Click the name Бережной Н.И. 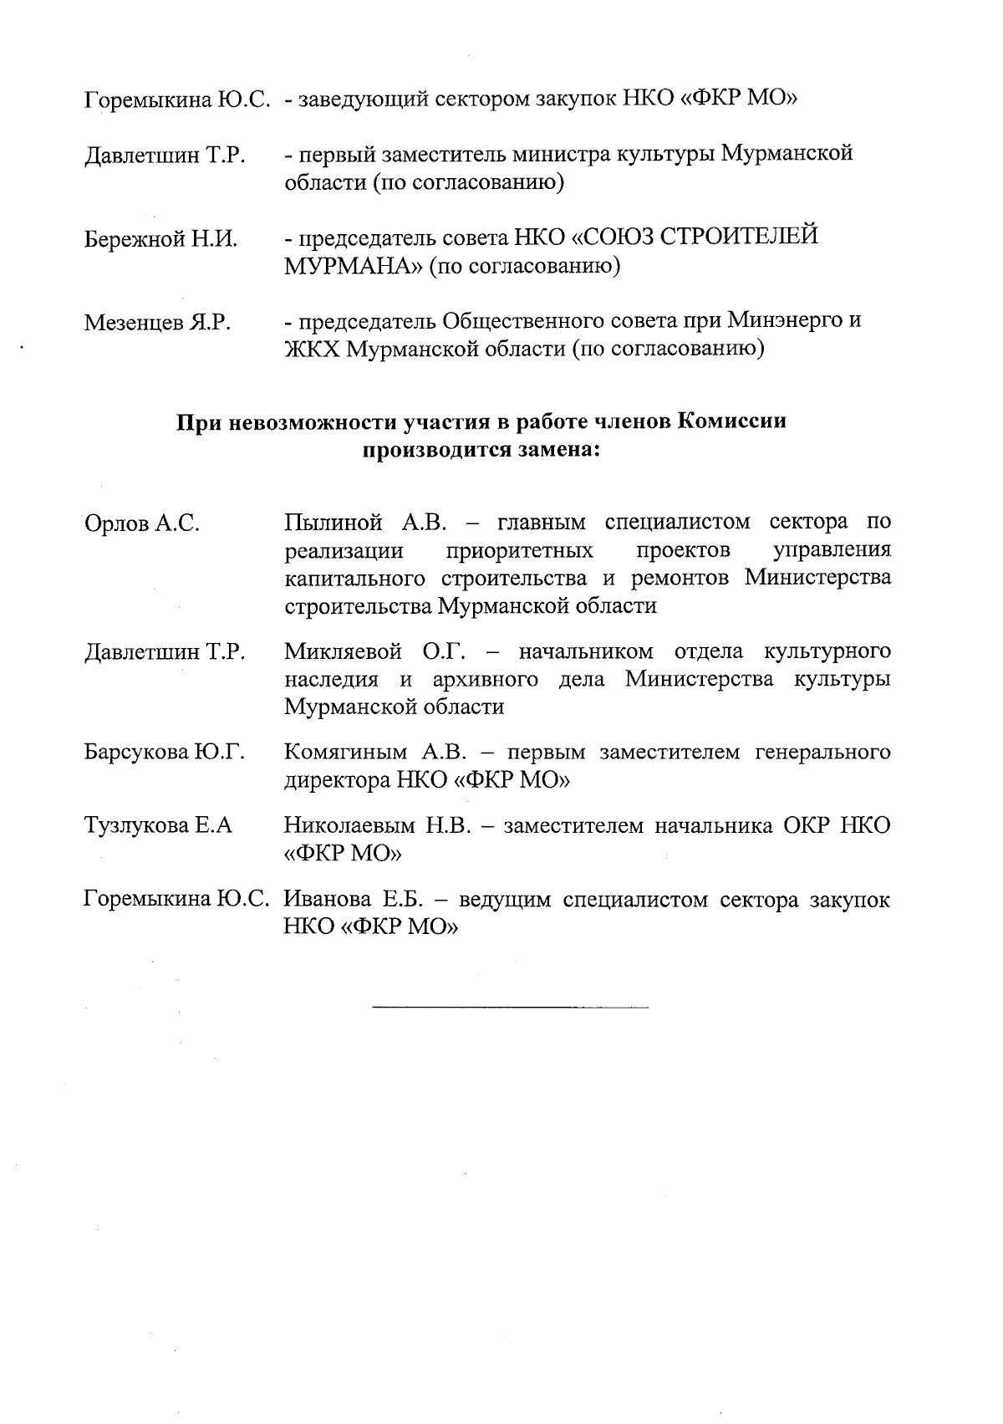click(x=160, y=240)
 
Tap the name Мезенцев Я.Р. click(x=157, y=323)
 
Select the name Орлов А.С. click(x=142, y=524)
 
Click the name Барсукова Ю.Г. click(x=164, y=753)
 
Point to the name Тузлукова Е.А click(x=158, y=826)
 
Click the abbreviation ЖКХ click(x=312, y=349)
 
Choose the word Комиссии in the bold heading click(x=731, y=421)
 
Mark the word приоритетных click(x=520, y=552)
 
